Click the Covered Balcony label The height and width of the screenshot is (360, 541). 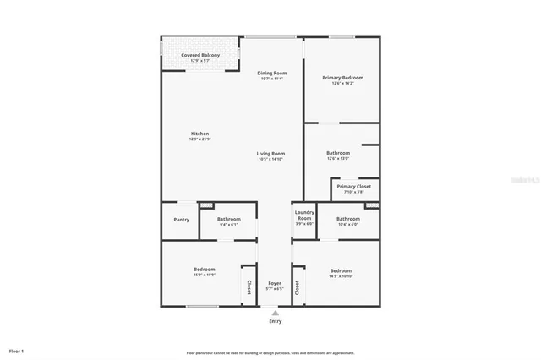pyautogui.click(x=200, y=56)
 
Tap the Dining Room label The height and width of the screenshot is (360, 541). pyautogui.click(x=272, y=74)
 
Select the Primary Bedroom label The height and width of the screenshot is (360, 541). pyautogui.click(x=342, y=78)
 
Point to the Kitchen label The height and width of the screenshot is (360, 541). pyautogui.click(x=199, y=134)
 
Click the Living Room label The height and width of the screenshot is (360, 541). pyautogui.click(x=271, y=154)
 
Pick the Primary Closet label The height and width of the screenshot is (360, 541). pyautogui.click(x=353, y=187)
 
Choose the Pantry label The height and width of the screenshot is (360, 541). pyautogui.click(x=181, y=220)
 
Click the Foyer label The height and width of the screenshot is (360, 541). pyautogui.click(x=275, y=284)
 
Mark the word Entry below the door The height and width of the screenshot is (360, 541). pyautogui.click(x=276, y=321)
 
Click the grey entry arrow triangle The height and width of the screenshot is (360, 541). pyautogui.click(x=276, y=312)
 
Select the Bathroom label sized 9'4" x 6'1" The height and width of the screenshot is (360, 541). pyautogui.click(x=229, y=220)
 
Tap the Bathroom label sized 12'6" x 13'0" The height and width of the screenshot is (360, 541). pyautogui.click(x=337, y=153)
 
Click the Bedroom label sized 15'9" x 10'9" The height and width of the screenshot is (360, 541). pyautogui.click(x=205, y=270)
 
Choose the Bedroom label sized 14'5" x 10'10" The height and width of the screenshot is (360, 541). pyautogui.click(x=341, y=271)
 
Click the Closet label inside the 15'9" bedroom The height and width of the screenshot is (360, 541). pyautogui.click(x=249, y=287)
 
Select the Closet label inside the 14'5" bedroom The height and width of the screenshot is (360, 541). pyautogui.click(x=298, y=287)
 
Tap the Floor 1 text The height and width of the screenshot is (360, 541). pyautogui.click(x=17, y=351)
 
